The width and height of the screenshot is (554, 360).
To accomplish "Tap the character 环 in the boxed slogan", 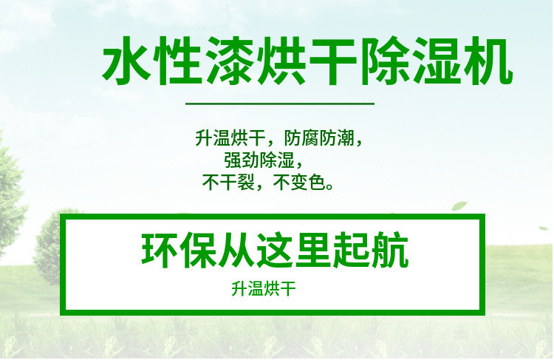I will click(157, 251).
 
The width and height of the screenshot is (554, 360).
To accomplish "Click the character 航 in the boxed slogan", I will click(391, 251).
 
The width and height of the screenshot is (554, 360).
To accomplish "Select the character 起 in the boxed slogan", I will click(352, 251).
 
